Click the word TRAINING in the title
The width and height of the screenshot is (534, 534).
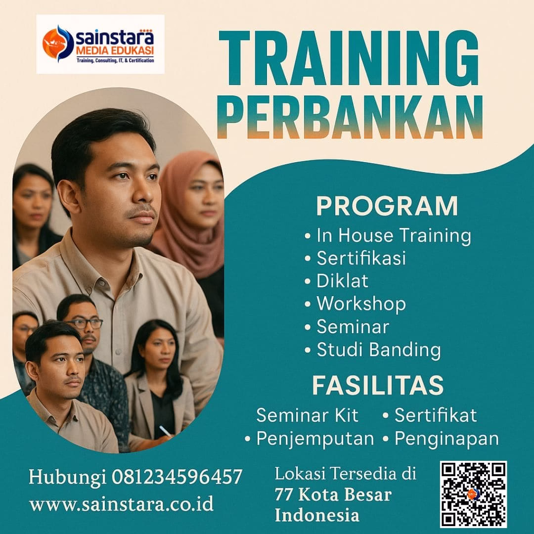click(x=349, y=58)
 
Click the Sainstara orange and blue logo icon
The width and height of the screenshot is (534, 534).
click(x=58, y=44)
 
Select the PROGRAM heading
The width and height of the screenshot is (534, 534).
click(x=387, y=206)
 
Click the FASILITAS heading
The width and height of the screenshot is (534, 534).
click(x=378, y=385)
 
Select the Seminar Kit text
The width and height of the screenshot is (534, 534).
click(x=307, y=415)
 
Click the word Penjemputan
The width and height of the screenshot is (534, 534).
click(x=315, y=439)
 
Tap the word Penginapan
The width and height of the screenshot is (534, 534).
click(x=446, y=439)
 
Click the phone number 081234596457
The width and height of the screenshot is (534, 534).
click(x=177, y=477)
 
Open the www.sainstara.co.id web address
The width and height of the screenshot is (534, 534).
click(x=121, y=504)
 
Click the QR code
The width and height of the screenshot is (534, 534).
click(x=473, y=494)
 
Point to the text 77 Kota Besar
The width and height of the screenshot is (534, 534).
click(x=333, y=494)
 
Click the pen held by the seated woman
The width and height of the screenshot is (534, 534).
click(x=166, y=431)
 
